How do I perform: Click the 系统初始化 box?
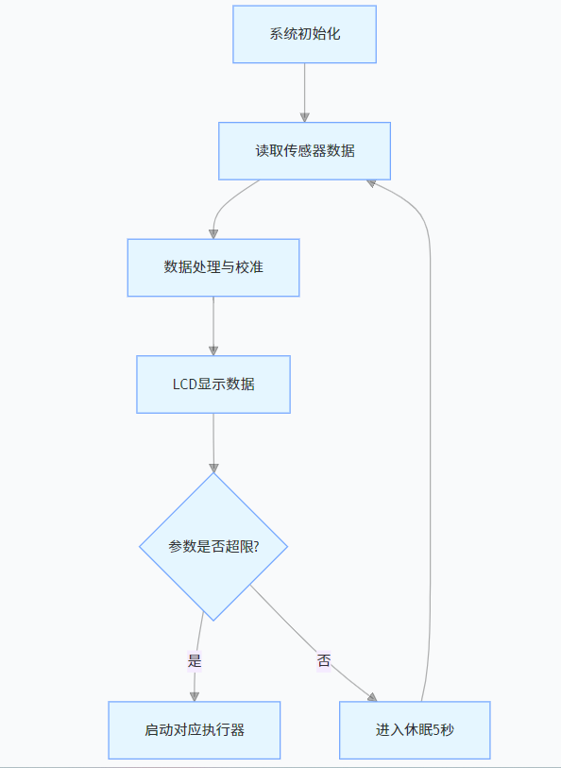click(304, 34)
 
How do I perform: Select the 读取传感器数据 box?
click(304, 150)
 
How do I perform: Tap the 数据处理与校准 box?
click(213, 267)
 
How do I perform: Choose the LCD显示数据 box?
click(213, 384)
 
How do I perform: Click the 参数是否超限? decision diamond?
click(213, 547)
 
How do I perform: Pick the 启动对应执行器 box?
click(195, 730)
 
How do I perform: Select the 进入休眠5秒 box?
click(415, 730)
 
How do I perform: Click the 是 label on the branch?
click(195, 661)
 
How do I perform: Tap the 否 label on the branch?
click(324, 661)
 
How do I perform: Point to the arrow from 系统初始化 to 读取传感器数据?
click(304, 93)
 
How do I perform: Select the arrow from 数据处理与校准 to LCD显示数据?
click(213, 326)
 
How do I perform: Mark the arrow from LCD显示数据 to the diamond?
click(213, 442)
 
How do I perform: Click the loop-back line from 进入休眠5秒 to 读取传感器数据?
click(431, 425)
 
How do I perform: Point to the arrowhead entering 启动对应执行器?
click(195, 695)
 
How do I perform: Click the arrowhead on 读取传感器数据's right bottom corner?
click(373, 181)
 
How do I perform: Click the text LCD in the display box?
click(184, 384)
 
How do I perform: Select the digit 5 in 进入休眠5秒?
click(436, 730)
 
